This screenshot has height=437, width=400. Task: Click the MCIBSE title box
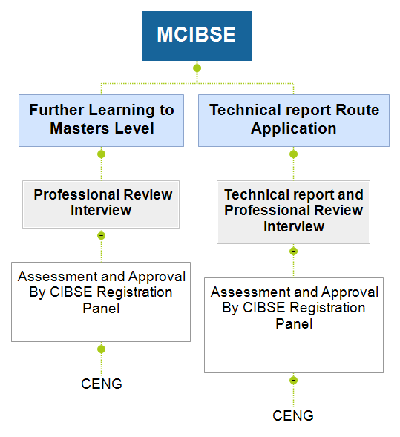(x=197, y=36)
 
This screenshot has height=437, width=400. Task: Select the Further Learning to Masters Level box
(x=101, y=120)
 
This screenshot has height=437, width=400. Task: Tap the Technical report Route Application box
(x=294, y=120)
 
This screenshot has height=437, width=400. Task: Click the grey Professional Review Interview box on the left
(x=101, y=204)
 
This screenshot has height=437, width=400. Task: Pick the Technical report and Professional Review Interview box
(x=294, y=212)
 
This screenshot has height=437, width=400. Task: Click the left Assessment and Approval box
(x=101, y=302)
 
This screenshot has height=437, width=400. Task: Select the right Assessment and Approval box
(x=294, y=325)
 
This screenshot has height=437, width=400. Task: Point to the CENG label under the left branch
(x=102, y=384)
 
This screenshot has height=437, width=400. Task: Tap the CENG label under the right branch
(x=293, y=415)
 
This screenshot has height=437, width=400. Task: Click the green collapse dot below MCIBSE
(x=197, y=68)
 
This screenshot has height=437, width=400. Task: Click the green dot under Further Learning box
(x=101, y=154)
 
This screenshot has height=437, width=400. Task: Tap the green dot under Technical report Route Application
(x=293, y=154)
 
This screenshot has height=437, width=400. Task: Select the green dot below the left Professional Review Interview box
(x=101, y=235)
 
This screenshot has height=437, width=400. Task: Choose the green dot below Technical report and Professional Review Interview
(x=293, y=251)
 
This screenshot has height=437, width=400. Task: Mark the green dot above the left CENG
(x=101, y=349)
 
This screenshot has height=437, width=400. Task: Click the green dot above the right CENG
(x=293, y=380)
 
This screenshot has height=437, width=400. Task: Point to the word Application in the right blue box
(x=294, y=129)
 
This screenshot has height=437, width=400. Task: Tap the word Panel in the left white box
(x=101, y=308)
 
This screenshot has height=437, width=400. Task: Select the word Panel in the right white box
(x=294, y=323)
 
